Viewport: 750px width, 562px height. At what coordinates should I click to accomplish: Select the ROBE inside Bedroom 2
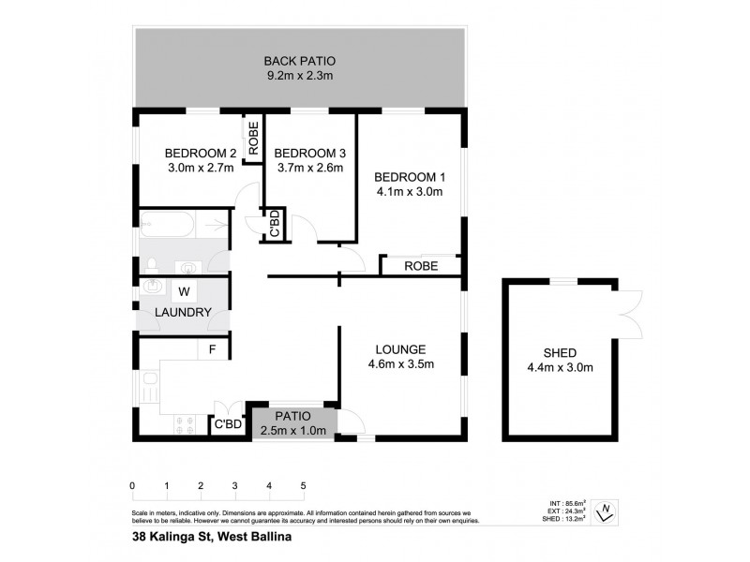click(253, 138)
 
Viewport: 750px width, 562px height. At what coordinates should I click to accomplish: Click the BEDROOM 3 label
click(308, 154)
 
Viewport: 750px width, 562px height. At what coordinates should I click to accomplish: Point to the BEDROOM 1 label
click(408, 177)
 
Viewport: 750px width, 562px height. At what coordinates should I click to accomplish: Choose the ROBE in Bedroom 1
click(420, 266)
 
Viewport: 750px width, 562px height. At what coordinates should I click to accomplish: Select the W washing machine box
click(185, 290)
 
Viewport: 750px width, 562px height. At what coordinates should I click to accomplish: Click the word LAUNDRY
click(182, 313)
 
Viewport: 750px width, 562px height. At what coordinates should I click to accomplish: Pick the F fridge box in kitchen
click(213, 349)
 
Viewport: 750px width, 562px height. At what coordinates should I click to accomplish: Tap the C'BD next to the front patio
click(229, 424)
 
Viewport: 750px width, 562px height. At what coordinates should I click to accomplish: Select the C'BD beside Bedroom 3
click(275, 225)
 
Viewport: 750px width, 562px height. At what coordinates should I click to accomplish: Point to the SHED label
click(561, 352)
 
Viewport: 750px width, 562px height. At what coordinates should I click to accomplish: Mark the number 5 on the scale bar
click(303, 485)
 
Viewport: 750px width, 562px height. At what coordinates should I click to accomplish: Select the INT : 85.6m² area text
click(566, 503)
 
